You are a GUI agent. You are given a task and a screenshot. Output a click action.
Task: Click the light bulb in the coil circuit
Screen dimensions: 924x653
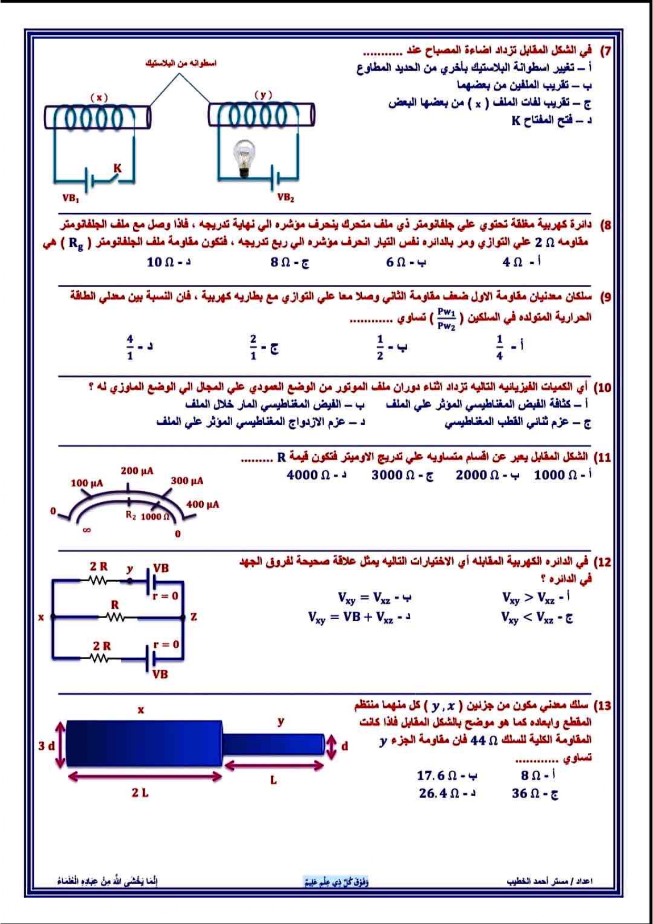coord(244,157)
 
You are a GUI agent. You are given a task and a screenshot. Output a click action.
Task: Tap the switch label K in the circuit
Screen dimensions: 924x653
coord(117,168)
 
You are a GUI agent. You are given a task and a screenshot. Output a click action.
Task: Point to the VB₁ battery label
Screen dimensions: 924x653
coord(71,198)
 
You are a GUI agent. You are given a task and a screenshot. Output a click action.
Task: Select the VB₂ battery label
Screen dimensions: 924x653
coord(285,197)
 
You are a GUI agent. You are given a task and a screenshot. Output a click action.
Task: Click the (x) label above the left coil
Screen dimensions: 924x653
coord(99,97)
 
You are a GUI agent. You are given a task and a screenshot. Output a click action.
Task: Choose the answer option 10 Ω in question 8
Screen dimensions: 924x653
coord(169,262)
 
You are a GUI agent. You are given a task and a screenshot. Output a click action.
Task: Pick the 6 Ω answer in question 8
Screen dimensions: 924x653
coord(405,262)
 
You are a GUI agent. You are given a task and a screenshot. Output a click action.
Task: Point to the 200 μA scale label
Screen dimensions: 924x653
coord(137,471)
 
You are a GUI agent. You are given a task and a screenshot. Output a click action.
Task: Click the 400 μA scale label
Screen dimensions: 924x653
coord(202,504)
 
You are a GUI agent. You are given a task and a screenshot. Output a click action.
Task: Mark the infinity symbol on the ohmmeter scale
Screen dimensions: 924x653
coord(87,530)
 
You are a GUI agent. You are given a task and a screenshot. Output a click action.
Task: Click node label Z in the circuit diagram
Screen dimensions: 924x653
coord(194,617)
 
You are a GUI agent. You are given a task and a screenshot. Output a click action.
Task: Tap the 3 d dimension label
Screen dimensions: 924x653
coord(46,746)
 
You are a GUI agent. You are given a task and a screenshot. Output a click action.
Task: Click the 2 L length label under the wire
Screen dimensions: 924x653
coord(140,792)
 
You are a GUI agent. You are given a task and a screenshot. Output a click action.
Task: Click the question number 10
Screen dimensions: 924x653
coord(602,388)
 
